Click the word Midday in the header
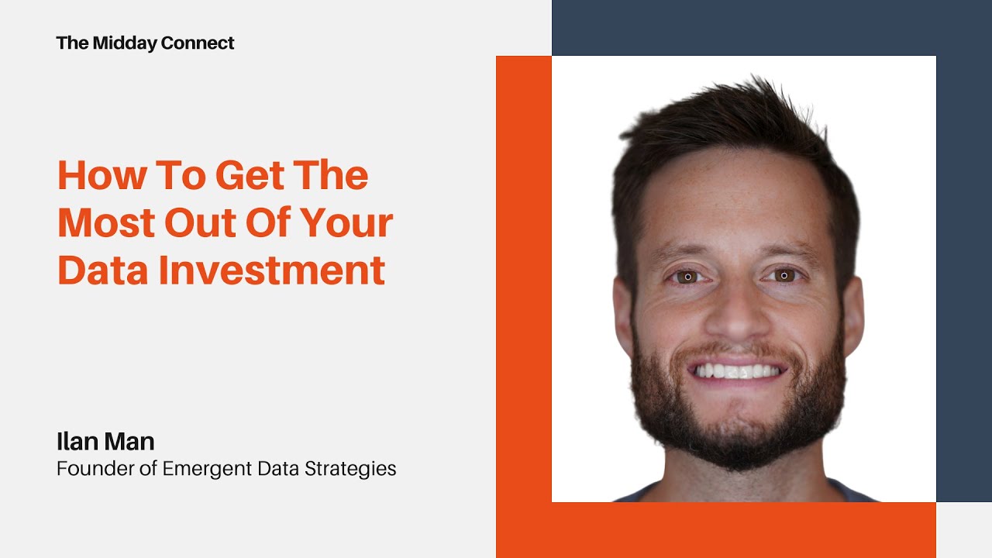pyautogui.click(x=121, y=43)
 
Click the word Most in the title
pyautogui.click(x=105, y=223)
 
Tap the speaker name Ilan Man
pyautogui.click(x=105, y=442)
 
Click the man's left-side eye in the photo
pyautogui.click(x=687, y=276)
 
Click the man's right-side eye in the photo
pyautogui.click(x=784, y=275)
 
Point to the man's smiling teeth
pyautogui.click(x=735, y=371)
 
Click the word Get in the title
pyautogui.click(x=243, y=176)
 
